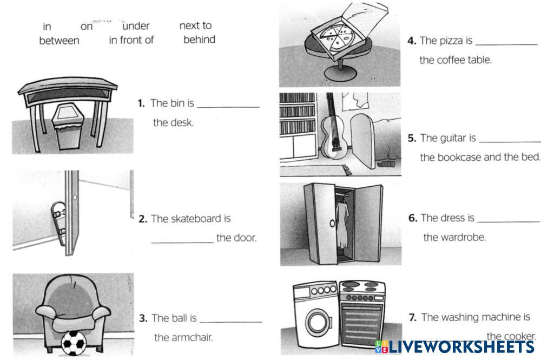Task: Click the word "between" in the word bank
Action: (x=59, y=41)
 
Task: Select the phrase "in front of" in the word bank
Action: (x=131, y=40)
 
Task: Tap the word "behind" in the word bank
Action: (x=200, y=40)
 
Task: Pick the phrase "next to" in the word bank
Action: (x=196, y=25)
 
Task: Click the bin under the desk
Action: (x=67, y=127)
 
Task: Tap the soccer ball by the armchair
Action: (x=74, y=343)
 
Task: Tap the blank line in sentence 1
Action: (x=228, y=107)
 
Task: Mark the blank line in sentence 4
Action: (x=507, y=45)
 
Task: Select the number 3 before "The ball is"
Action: (x=143, y=318)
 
